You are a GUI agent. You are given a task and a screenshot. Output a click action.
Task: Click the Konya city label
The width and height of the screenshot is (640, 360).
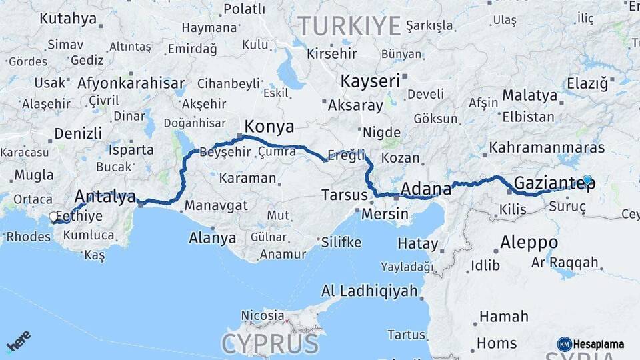269,127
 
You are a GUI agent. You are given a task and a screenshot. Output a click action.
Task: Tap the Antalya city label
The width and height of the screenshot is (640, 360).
105,196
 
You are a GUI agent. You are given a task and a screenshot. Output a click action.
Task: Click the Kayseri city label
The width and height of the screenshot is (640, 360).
370,81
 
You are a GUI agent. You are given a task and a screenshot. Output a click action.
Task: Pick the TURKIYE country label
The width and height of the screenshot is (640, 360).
349,26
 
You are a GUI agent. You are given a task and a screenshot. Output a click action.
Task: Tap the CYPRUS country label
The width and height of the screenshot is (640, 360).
270,344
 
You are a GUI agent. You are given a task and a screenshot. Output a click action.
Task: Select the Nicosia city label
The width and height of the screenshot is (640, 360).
262,315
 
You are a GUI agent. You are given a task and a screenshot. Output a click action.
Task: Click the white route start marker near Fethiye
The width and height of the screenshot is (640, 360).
53,217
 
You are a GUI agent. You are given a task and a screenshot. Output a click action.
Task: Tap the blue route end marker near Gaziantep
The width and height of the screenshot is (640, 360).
587,179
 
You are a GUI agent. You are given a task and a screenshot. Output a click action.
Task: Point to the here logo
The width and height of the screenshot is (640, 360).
18,341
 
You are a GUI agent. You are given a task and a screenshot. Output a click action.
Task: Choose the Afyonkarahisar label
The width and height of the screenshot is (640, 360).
131,84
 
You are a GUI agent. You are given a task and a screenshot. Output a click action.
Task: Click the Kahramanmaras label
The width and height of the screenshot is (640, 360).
547,147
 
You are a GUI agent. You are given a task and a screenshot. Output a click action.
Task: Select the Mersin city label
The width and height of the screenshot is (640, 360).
385,214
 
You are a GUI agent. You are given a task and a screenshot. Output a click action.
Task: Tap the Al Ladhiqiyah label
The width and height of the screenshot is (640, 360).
369,291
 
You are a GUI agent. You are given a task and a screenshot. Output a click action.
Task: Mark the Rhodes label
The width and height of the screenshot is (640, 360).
28,237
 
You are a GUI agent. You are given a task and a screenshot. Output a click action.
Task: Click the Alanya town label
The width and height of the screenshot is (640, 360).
212,237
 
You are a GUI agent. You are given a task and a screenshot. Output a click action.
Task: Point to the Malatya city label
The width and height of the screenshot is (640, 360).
529,95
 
